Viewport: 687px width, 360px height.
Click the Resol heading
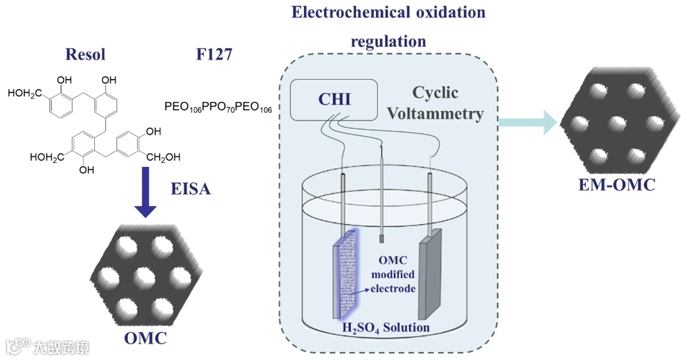(x=85, y=55)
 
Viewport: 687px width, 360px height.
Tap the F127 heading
(x=214, y=55)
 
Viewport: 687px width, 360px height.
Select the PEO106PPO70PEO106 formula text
(x=218, y=107)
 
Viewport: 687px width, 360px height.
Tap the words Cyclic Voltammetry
(x=447, y=103)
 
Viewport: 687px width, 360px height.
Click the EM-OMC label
(x=615, y=186)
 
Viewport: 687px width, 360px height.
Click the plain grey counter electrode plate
(x=430, y=273)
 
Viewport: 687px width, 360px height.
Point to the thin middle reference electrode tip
(x=382, y=239)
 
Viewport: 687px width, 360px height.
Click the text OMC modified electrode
(x=394, y=275)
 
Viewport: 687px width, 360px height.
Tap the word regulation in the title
(x=388, y=42)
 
